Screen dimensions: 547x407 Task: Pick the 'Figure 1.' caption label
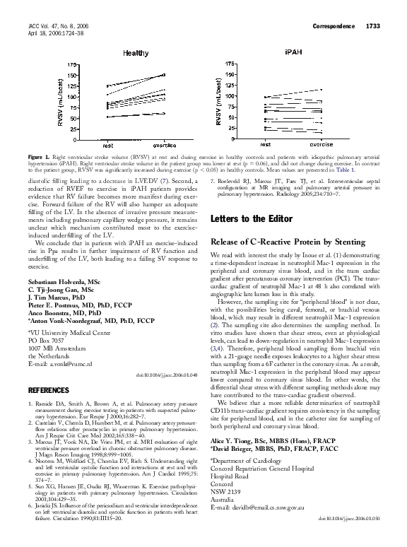point(39,155)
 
